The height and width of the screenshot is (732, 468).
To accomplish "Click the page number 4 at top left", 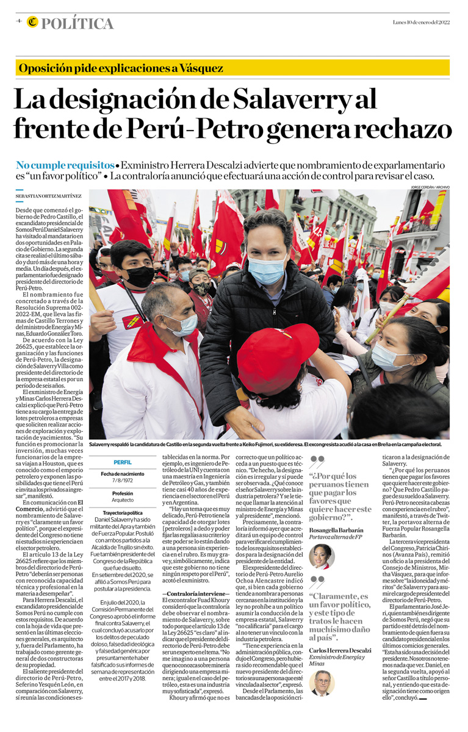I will pyautogui.click(x=19, y=21).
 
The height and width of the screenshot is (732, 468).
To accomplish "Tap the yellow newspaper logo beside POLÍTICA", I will pyautogui.click(x=32, y=23).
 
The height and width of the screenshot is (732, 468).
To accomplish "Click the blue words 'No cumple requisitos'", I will pyautogui.click(x=65, y=165).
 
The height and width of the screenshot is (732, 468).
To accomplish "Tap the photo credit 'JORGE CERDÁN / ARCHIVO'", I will pyautogui.click(x=430, y=187).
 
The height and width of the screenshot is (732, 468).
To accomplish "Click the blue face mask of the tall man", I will pyautogui.click(x=266, y=270).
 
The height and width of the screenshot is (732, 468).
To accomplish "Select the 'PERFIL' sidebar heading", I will pyautogui.click(x=122, y=462).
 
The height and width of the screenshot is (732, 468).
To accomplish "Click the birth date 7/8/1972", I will pyautogui.click(x=122, y=481).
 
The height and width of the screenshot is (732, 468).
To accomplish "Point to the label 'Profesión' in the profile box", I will pyautogui.click(x=122, y=493).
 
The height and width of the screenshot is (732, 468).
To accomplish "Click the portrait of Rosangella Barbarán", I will pyautogui.click(x=322, y=556).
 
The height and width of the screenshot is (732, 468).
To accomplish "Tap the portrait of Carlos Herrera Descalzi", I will pyautogui.click(x=322, y=682).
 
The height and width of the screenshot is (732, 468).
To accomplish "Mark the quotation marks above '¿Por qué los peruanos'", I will pyautogui.click(x=317, y=461).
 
